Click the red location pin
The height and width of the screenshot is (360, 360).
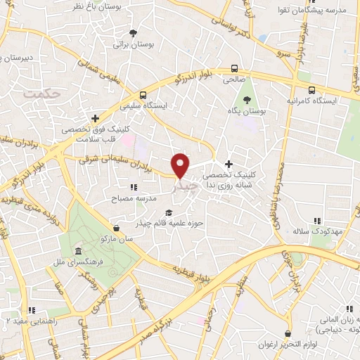pos(181,165)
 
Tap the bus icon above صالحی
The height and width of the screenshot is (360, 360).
pos(233,69)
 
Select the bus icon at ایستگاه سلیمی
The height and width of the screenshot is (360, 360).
pos(143,94)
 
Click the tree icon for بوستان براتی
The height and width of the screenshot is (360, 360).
pos(134,33)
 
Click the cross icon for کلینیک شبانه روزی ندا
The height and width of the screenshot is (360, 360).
pos(228,164)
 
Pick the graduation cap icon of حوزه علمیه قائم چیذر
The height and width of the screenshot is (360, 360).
pos(167,212)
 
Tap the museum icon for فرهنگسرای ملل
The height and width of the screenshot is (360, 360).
pos(77,251)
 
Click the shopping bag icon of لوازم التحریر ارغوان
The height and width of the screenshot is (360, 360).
pos(287,334)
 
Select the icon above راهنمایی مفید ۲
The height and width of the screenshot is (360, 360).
pos(30,309)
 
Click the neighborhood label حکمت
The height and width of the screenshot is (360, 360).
pos(38,92)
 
